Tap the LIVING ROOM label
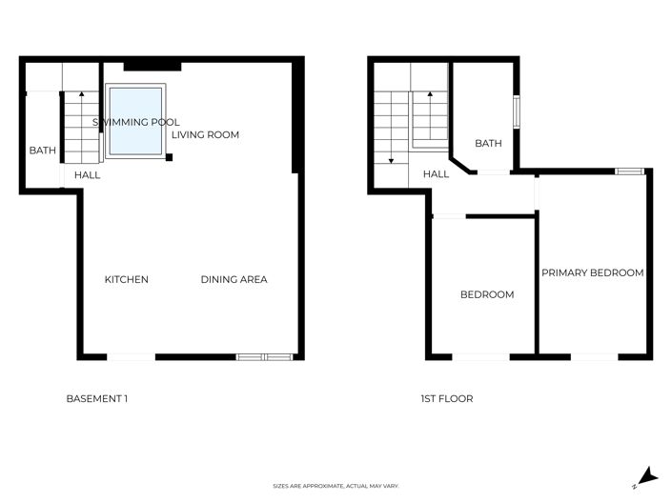pyautogui.click(x=205, y=135)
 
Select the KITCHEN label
pyautogui.click(x=126, y=279)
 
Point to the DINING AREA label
pyautogui.click(x=234, y=279)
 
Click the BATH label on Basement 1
pyautogui.click(x=42, y=151)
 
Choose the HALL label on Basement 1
pyautogui.click(x=88, y=175)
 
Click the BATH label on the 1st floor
pyautogui.click(x=488, y=144)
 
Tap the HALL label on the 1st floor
pyautogui.click(x=437, y=174)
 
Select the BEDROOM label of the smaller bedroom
pyautogui.click(x=487, y=294)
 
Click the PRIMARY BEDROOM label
pyautogui.click(x=592, y=272)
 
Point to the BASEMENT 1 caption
pyautogui.click(x=96, y=398)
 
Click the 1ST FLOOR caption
pyautogui.click(x=446, y=398)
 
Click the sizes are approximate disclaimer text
pyautogui.click(x=336, y=486)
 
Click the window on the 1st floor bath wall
pyautogui.click(x=518, y=111)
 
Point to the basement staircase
pyautogui.click(x=82, y=126)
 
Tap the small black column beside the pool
pyautogui.click(x=169, y=156)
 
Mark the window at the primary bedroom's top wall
pyautogui.click(x=628, y=171)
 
